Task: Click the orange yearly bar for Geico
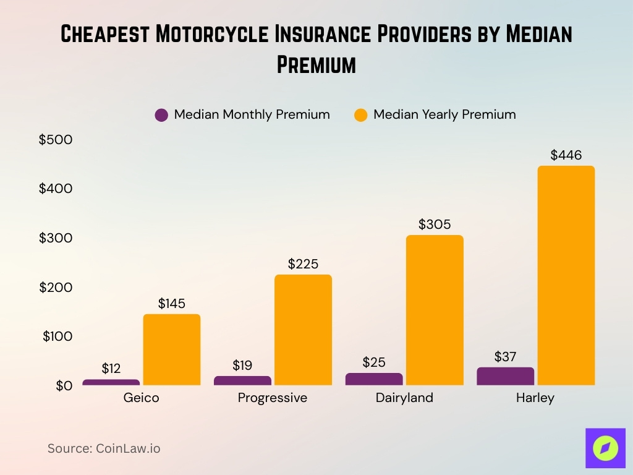pyautogui.click(x=172, y=349)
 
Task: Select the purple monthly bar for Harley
pyautogui.click(x=505, y=376)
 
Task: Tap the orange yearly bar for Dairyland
pyautogui.click(x=435, y=310)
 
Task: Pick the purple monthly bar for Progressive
pyautogui.click(x=242, y=380)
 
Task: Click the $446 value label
pyautogui.click(x=566, y=155)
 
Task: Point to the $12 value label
pyautogui.click(x=111, y=369)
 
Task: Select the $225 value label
pyautogui.click(x=303, y=264)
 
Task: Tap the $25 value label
pyautogui.click(x=374, y=362)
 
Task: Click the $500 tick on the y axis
pyautogui.click(x=56, y=140)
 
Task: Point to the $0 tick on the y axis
pyautogui.click(x=64, y=385)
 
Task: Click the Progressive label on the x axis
pyautogui.click(x=272, y=398)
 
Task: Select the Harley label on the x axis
pyautogui.click(x=535, y=398)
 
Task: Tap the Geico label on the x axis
pyautogui.click(x=141, y=398)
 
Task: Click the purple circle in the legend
pyautogui.click(x=161, y=115)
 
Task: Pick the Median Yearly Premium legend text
pyautogui.click(x=444, y=114)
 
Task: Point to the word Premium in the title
pyautogui.click(x=316, y=64)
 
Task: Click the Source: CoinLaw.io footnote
pyautogui.click(x=104, y=448)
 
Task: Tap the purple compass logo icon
pyautogui.click(x=605, y=448)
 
